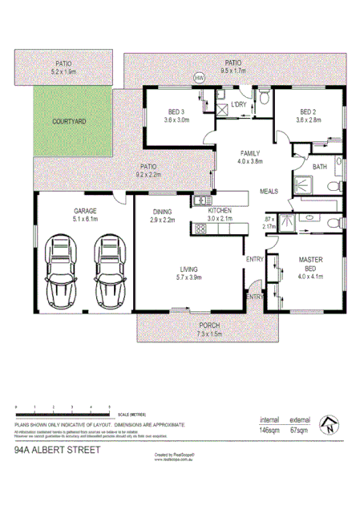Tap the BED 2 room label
click(x=309, y=111)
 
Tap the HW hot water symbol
click(x=199, y=77)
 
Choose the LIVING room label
click(x=189, y=269)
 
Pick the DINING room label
click(x=164, y=211)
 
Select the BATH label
click(x=320, y=167)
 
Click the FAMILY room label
click(x=250, y=152)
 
